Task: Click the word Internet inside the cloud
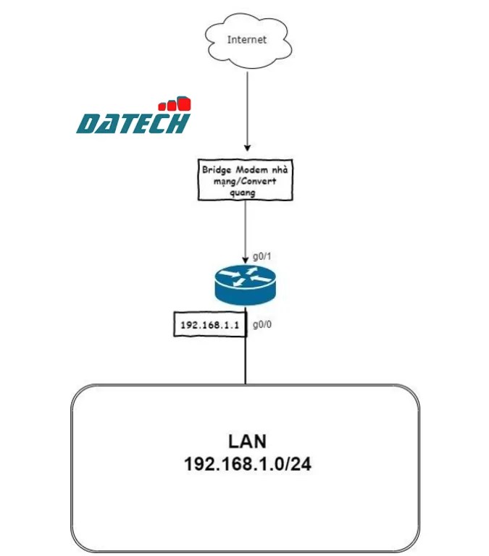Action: click(246, 40)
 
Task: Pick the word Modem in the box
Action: click(254, 169)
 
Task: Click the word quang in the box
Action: click(247, 193)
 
